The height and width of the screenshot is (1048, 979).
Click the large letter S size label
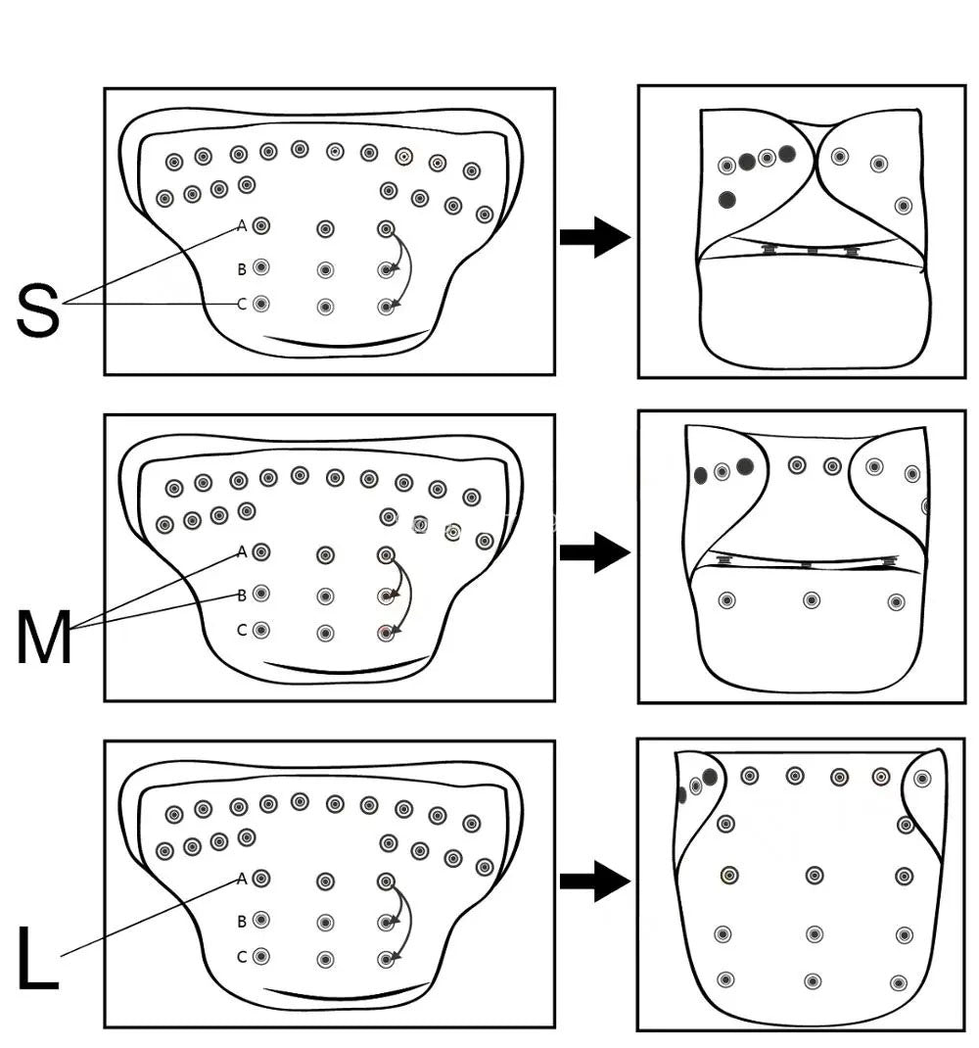[x=38, y=310]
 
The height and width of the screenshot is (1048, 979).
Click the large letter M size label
[x=44, y=637]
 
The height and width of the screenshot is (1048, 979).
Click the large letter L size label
[x=37, y=957]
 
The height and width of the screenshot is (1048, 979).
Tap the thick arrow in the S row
[x=595, y=237]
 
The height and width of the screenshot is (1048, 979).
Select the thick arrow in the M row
[x=595, y=552]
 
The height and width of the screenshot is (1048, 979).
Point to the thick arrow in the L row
[x=595, y=881]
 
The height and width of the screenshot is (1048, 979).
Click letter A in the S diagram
[x=242, y=226]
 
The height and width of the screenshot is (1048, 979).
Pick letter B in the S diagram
[x=242, y=269]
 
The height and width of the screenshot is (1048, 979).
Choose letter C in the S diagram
[x=242, y=304]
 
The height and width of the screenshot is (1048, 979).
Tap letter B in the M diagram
[x=242, y=595]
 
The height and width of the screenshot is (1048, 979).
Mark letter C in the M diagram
[x=242, y=630]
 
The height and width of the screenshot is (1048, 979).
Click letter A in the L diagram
[x=242, y=879]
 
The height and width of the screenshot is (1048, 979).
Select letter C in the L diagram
[x=242, y=957]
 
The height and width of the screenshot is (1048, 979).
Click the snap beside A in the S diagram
[x=261, y=226]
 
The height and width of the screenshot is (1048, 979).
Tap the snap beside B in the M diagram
[x=261, y=593]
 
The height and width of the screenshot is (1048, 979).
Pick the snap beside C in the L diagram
[x=261, y=956]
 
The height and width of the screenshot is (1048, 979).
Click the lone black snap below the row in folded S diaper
[x=727, y=199]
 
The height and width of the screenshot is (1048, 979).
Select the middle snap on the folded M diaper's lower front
[x=812, y=600]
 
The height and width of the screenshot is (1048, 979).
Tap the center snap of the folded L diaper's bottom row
[x=813, y=981]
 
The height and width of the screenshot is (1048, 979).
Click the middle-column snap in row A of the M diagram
[x=325, y=554]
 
